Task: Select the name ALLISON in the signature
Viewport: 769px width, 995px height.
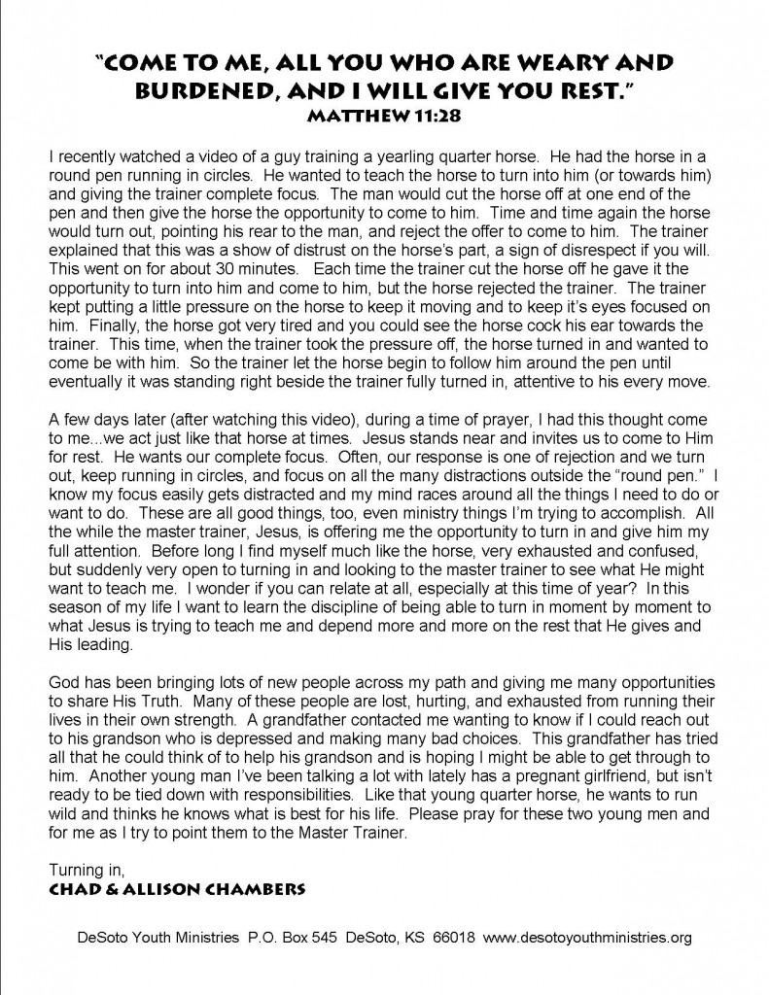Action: pyautogui.click(x=187, y=883)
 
